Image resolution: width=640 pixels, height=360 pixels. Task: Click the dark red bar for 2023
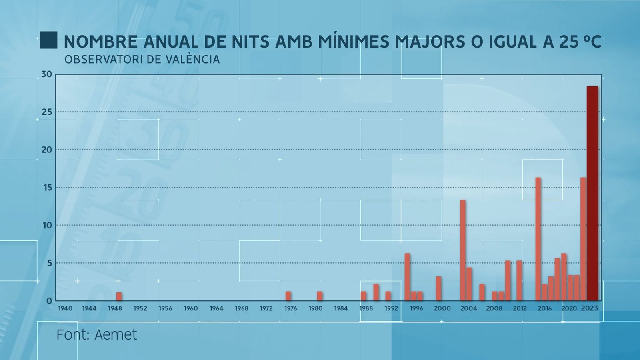[x=592, y=194]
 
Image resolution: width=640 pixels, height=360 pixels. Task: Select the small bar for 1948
[x=119, y=296]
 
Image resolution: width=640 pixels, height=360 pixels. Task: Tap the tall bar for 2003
[x=462, y=250]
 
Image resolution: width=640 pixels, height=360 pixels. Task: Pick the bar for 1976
[x=288, y=296]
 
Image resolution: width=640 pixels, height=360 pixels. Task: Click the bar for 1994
[x=407, y=277]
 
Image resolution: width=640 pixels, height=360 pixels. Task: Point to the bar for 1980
[x=320, y=296]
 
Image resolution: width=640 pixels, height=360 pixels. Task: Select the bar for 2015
[x=538, y=239]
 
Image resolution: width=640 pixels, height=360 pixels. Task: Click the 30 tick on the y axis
[x=46, y=74]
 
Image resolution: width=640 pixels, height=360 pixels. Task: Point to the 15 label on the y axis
[x=47, y=188]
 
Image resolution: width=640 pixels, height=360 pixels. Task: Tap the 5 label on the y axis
[x=49, y=263]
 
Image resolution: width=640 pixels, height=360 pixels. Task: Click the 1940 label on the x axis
[x=65, y=308]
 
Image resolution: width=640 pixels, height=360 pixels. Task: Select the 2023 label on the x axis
[x=590, y=308]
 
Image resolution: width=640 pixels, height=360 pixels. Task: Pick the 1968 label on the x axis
[x=242, y=308]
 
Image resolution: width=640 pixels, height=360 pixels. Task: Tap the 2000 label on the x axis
[x=442, y=308]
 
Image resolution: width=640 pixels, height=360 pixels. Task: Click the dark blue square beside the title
[x=48, y=40]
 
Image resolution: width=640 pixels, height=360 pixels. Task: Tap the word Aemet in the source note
[x=116, y=335]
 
